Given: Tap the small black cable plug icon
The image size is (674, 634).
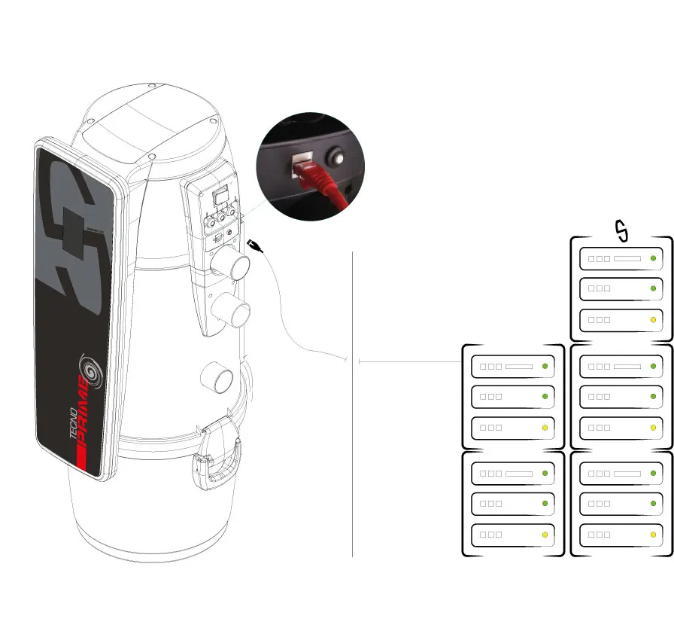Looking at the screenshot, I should point(256,245).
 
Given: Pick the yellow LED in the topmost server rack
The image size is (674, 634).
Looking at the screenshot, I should point(653,320).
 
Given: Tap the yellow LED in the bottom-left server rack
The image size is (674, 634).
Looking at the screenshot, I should point(544,535).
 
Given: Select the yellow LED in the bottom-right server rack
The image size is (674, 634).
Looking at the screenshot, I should point(653,535).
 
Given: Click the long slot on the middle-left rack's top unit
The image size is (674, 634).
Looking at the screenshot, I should point(519,367).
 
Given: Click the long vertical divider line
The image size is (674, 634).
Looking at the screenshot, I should point(352,407).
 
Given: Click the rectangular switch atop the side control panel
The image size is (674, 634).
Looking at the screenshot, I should point(220,197).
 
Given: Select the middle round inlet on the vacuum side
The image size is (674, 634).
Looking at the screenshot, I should point(229,309).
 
